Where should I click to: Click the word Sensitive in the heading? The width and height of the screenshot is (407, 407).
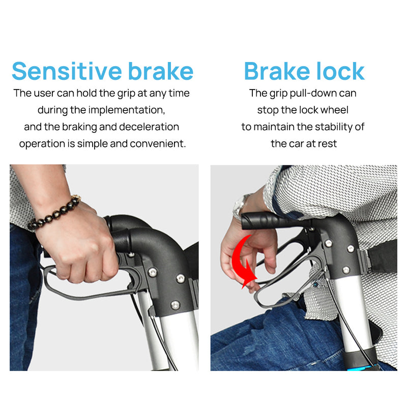point(67,71)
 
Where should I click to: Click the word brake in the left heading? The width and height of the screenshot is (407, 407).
point(161,71)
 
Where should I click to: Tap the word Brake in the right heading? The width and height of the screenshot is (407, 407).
point(277,71)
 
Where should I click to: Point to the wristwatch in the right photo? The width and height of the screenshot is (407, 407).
point(239,207)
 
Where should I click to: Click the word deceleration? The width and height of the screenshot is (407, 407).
point(149,127)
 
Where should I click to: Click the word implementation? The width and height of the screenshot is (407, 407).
point(127,110)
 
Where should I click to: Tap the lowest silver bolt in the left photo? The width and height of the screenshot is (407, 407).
point(175,304)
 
